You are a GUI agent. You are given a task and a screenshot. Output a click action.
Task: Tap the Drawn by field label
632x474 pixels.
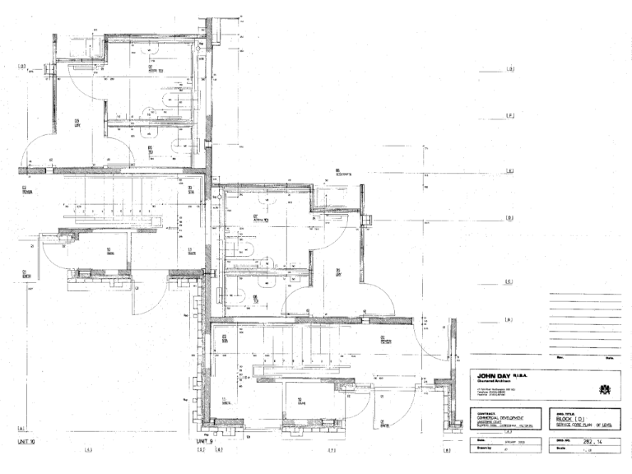482,452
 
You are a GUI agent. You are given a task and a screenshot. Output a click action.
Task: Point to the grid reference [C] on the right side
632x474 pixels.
509,282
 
